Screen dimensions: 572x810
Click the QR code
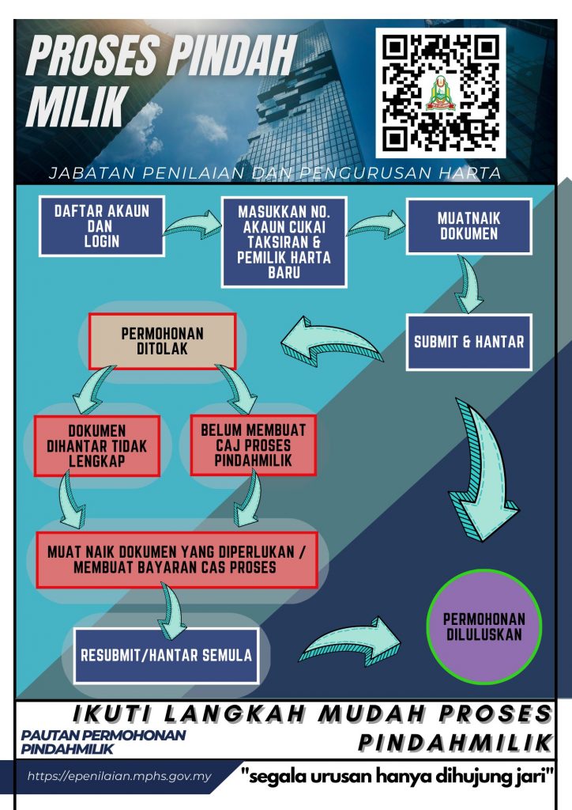click(x=441, y=93)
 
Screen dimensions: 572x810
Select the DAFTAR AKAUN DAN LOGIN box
click(x=102, y=225)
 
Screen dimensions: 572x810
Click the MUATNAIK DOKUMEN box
click(x=469, y=225)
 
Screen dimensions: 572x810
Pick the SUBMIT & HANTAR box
click(x=469, y=342)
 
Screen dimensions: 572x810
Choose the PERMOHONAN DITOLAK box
click(x=163, y=341)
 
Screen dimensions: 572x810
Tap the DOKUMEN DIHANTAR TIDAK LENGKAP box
click(x=97, y=446)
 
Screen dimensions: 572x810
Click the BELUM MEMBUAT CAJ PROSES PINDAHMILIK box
click(x=254, y=445)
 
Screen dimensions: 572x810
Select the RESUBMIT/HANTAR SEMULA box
click(x=166, y=656)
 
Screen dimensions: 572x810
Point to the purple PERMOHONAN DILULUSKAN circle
click(x=484, y=627)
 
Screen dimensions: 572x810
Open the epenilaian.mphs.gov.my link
click(x=119, y=776)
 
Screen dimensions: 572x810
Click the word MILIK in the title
click(x=77, y=106)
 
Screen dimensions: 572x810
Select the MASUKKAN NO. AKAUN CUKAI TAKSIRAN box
click(x=284, y=242)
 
